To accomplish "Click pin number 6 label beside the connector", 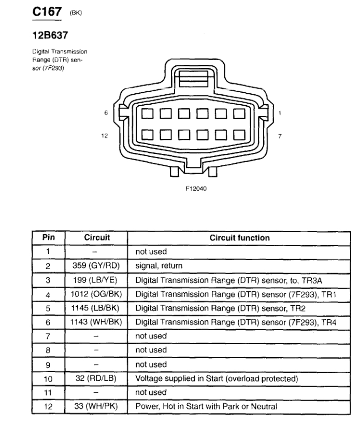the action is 105,112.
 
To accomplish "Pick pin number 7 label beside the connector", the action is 280,136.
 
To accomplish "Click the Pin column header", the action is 49,238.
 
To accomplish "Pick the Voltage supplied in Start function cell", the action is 217,378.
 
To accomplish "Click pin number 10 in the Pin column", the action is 49,378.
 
